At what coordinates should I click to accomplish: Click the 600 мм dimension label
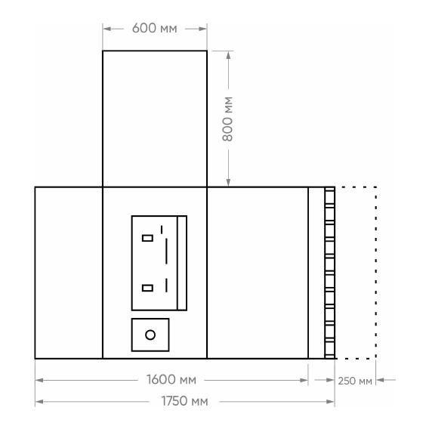tap(154, 28)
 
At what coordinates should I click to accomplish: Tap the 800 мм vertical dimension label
tap(227, 119)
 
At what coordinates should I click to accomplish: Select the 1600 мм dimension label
tap(171, 379)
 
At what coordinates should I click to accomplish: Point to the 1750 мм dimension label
tap(184, 401)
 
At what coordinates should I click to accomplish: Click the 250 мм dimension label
tap(355, 381)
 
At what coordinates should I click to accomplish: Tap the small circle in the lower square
tap(150, 335)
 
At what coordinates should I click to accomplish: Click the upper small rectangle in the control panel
tap(147, 238)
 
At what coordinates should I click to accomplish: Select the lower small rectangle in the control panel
tap(147, 288)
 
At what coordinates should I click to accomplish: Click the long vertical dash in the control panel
tap(166, 252)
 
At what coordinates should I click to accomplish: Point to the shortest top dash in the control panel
tap(162, 230)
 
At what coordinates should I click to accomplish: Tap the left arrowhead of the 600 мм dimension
tap(106, 29)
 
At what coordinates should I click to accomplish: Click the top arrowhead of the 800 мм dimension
tap(229, 55)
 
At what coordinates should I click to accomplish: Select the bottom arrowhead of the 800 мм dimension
tap(229, 183)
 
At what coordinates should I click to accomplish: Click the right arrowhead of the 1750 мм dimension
tap(330, 402)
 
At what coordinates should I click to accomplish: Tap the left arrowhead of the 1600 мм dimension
tap(39, 380)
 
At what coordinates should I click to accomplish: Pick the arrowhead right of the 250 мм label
tap(380, 380)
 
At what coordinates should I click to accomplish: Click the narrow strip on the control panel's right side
tap(182, 263)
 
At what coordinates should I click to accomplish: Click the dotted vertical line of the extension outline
tap(375, 273)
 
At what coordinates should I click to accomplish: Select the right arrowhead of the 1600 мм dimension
tap(304, 380)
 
